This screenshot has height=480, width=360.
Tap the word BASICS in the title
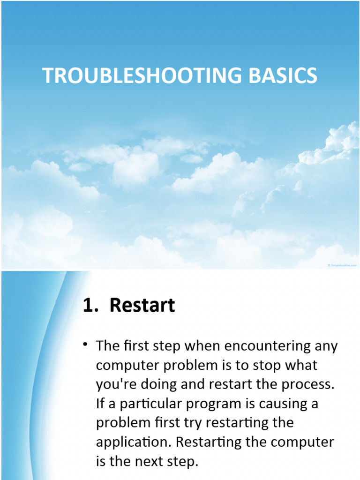point(280,76)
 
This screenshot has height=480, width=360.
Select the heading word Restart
point(142,306)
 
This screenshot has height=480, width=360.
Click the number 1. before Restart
point(92,306)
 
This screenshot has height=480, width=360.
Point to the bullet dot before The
point(86,345)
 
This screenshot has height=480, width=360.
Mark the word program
point(225,404)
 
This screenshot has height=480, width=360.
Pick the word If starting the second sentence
point(101,404)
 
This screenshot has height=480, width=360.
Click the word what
point(302,365)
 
